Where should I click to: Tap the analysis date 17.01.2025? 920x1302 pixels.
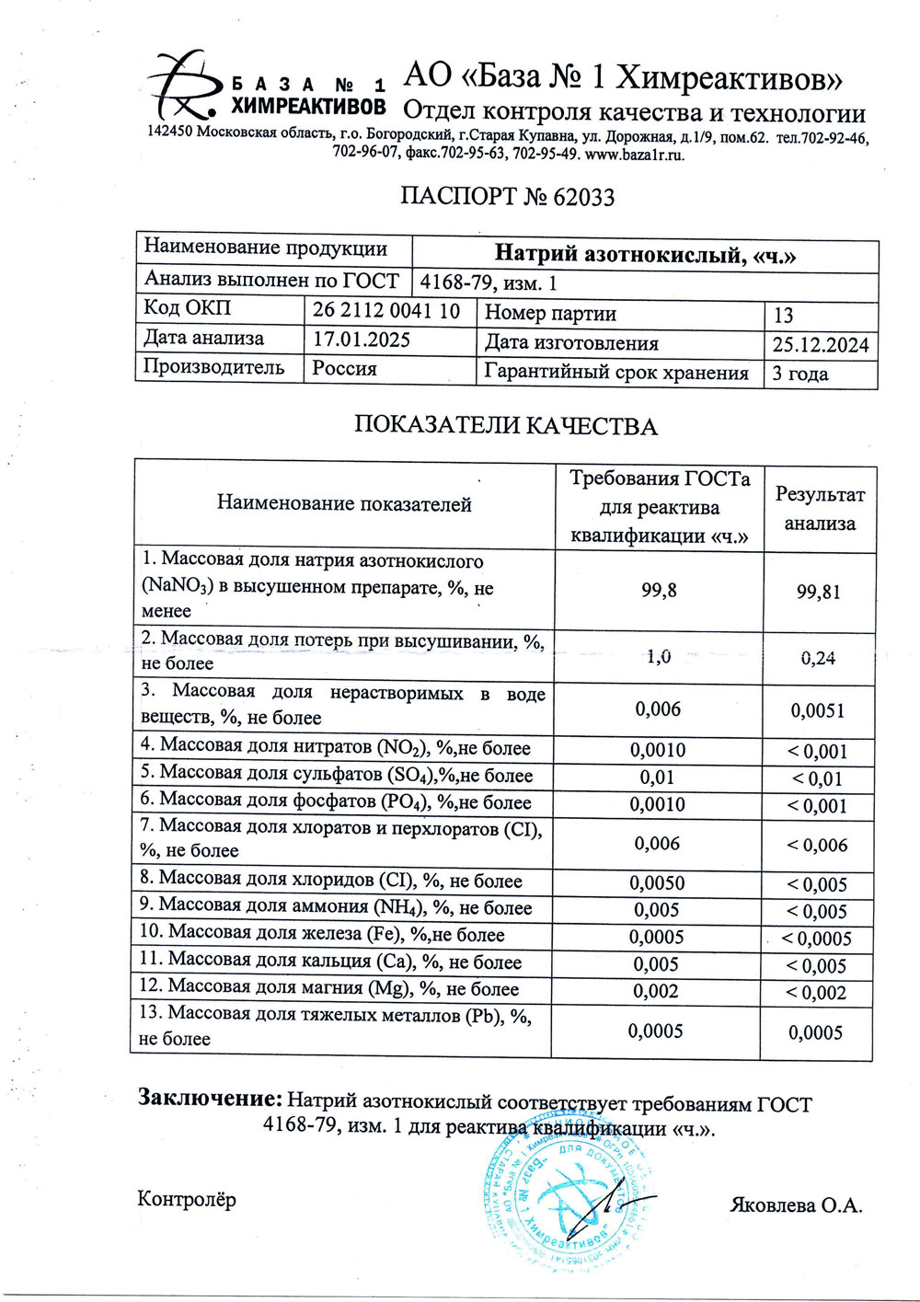click(x=362, y=340)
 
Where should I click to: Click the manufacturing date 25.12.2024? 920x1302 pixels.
click(x=820, y=344)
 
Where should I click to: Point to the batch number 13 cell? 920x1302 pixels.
click(x=783, y=315)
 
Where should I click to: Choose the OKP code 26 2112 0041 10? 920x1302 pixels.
click(x=386, y=311)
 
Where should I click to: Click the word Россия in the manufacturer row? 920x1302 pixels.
click(x=345, y=368)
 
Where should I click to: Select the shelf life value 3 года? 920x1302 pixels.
click(x=799, y=374)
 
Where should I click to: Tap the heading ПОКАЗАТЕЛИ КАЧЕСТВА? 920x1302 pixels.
click(x=506, y=426)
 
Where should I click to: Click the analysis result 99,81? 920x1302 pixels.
click(x=818, y=593)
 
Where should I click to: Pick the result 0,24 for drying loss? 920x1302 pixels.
click(x=818, y=658)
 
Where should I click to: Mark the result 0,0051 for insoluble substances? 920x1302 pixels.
click(x=818, y=710)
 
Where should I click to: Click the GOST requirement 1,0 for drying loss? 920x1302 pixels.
click(x=658, y=657)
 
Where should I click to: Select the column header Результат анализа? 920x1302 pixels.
click(x=820, y=509)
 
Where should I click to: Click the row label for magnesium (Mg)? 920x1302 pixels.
click(x=329, y=989)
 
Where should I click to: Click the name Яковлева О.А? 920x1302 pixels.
click(x=797, y=1205)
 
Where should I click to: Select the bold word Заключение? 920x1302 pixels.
click(x=209, y=1098)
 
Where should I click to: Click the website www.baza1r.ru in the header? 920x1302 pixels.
click(x=635, y=155)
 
